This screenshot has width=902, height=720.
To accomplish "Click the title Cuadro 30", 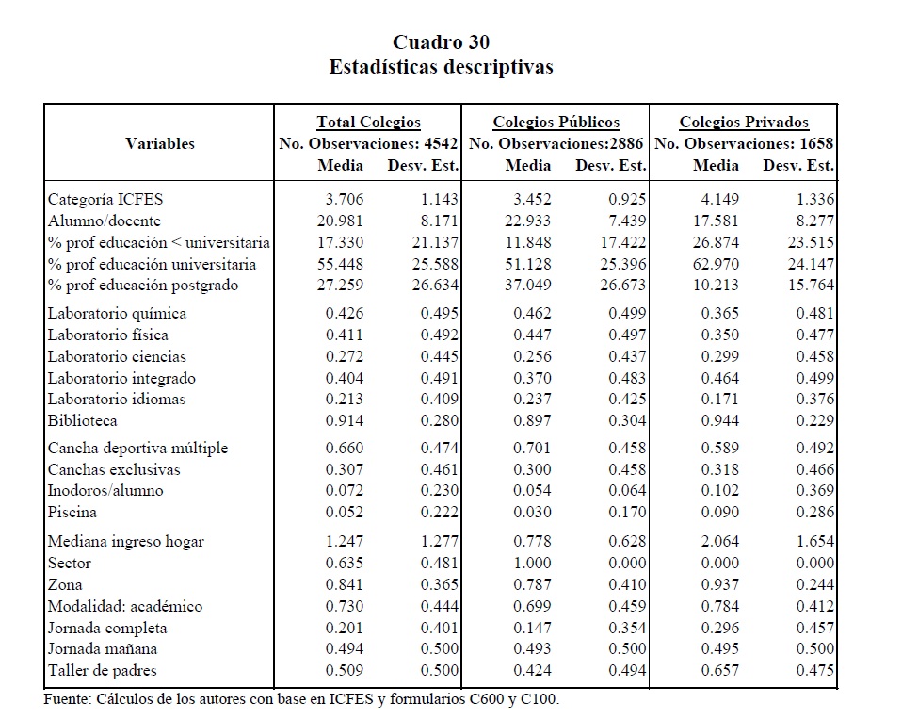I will coord(441,42).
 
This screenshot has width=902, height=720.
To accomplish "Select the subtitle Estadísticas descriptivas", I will coord(441,67).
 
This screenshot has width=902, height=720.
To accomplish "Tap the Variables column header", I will coord(160,143).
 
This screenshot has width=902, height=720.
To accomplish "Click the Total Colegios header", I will coord(368,122).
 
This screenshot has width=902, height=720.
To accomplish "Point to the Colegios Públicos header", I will coord(556,122).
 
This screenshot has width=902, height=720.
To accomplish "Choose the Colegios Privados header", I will coord(743,122).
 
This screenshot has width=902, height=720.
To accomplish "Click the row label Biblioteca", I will coord(83,420).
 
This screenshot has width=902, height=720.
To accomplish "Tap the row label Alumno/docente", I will coord(105,221).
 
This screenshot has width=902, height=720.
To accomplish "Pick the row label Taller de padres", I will coord(102,671).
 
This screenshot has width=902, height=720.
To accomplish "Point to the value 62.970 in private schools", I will coord(718,263).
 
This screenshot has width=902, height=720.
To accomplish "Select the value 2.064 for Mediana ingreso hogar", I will coord(721,541).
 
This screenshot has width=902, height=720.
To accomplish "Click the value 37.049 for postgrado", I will coord(531,285).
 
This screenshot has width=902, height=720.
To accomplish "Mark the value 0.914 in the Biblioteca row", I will coord(345,420).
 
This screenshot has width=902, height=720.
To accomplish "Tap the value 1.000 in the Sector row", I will coord(533,563).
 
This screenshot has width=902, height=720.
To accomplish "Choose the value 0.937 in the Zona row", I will coord(721,584).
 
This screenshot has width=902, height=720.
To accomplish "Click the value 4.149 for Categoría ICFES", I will coord(721,199).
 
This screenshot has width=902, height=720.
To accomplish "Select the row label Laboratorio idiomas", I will coord(117,399).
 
